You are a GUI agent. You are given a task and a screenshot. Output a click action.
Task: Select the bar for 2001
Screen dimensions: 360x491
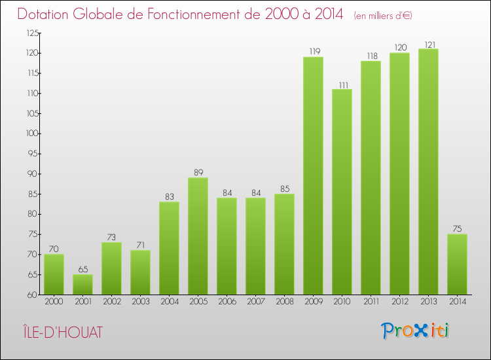coord(82,284)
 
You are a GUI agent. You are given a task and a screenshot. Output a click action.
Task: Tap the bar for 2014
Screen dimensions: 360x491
coord(457,264)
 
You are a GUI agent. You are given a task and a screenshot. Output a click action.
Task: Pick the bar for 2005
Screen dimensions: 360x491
coord(198,236)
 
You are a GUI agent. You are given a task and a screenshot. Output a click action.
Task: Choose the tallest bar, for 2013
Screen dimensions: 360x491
coord(428,171)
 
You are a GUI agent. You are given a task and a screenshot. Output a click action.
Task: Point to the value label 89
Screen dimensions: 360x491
coord(198,173)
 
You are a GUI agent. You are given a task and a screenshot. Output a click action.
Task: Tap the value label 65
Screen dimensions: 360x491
coord(82,269)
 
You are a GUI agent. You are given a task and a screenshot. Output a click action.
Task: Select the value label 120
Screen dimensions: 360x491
coord(399,48)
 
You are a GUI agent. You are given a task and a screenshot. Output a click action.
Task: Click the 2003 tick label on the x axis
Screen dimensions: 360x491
coord(140,302)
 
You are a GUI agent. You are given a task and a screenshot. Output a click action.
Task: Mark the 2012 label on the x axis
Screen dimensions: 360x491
coord(399,302)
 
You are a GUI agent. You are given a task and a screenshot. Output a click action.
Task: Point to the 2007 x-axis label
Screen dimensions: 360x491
coord(255,302)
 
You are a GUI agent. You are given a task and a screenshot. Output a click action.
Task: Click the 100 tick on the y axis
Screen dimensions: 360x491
coord(32,134)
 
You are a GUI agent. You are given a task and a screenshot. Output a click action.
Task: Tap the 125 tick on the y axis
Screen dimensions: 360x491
coord(32,33)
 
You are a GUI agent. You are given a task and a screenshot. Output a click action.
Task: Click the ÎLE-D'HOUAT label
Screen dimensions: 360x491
coord(60,332)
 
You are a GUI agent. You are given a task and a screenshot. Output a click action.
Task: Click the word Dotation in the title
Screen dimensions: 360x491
coord(46,14)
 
